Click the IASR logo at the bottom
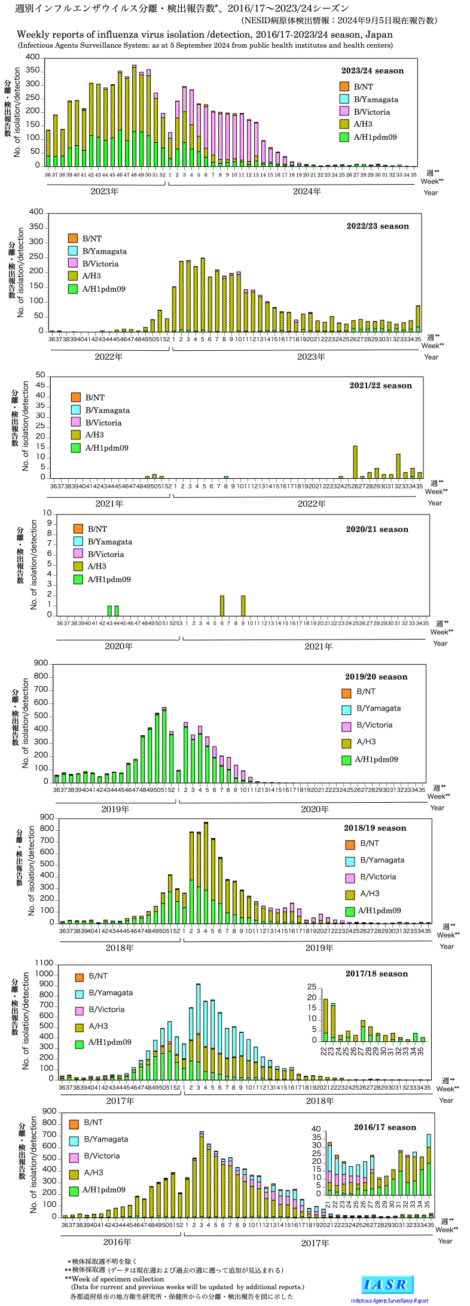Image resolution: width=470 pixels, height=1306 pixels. point(387,1284)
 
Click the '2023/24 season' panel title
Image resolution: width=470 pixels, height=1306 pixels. point(372,71)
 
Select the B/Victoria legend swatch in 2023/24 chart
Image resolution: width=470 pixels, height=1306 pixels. point(344,112)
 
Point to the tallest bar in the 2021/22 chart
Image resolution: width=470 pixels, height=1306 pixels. point(355,461)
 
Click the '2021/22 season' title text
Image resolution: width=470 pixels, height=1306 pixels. point(380,386)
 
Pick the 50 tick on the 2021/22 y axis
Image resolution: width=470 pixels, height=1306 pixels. point(41,375)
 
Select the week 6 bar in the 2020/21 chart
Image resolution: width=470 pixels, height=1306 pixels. point(222,605)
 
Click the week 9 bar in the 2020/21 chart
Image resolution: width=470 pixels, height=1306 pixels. point(243,605)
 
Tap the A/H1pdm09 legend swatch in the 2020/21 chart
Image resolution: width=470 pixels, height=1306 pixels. point(78,579)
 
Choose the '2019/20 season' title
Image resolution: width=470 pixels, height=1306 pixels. point(376,677)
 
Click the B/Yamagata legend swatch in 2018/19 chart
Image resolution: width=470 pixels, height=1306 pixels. point(350,860)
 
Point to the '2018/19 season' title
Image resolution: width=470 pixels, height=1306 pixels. point(375,828)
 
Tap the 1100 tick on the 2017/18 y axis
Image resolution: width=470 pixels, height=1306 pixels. point(44,963)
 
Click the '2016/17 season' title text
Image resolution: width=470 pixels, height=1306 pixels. point(384,1127)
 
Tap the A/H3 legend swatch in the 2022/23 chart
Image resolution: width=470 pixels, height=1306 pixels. point(73,276)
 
